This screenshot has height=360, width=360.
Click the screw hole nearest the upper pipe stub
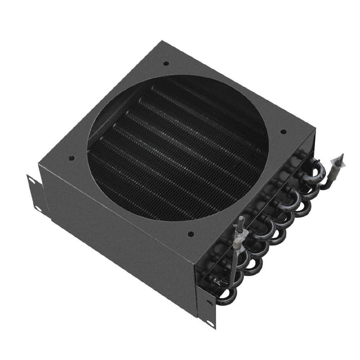tap(283, 132)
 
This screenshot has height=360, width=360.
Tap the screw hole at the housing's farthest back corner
tap(165, 64)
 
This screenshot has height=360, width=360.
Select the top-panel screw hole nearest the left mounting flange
tap(70, 158)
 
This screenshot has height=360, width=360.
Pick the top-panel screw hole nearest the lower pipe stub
tap(191, 233)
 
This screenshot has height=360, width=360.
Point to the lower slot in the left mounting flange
tap(37, 208)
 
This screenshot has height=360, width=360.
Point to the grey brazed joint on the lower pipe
tap(239, 240)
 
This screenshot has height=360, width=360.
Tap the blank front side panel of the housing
tap(118, 236)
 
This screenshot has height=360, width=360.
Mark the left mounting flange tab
tap(34, 194)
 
